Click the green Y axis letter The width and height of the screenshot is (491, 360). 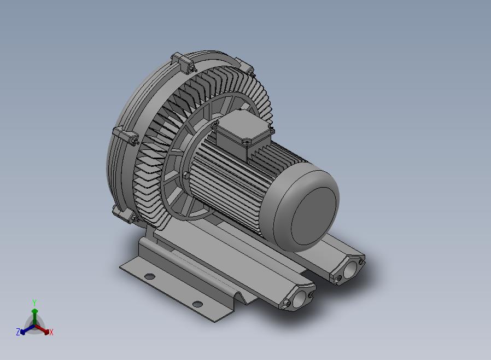click(34, 303)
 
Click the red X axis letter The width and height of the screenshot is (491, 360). click(51, 332)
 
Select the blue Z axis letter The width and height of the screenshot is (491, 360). click(18, 332)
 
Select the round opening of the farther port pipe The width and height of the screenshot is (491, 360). click(350, 270)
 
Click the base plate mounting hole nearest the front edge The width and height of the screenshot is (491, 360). click(197, 304)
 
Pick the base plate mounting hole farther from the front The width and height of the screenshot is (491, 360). click(150, 276)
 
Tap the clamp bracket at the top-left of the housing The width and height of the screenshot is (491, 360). click(183, 63)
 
